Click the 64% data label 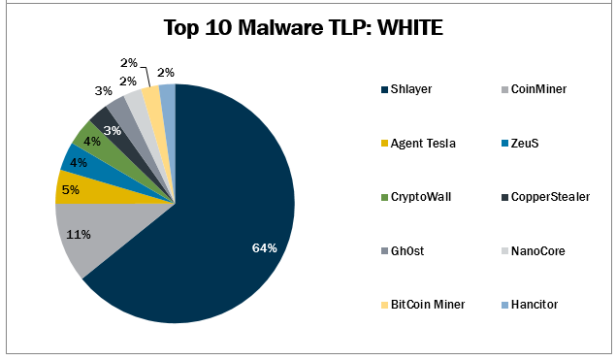click(264, 248)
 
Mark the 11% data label click(80, 234)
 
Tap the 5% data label click(70, 190)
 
